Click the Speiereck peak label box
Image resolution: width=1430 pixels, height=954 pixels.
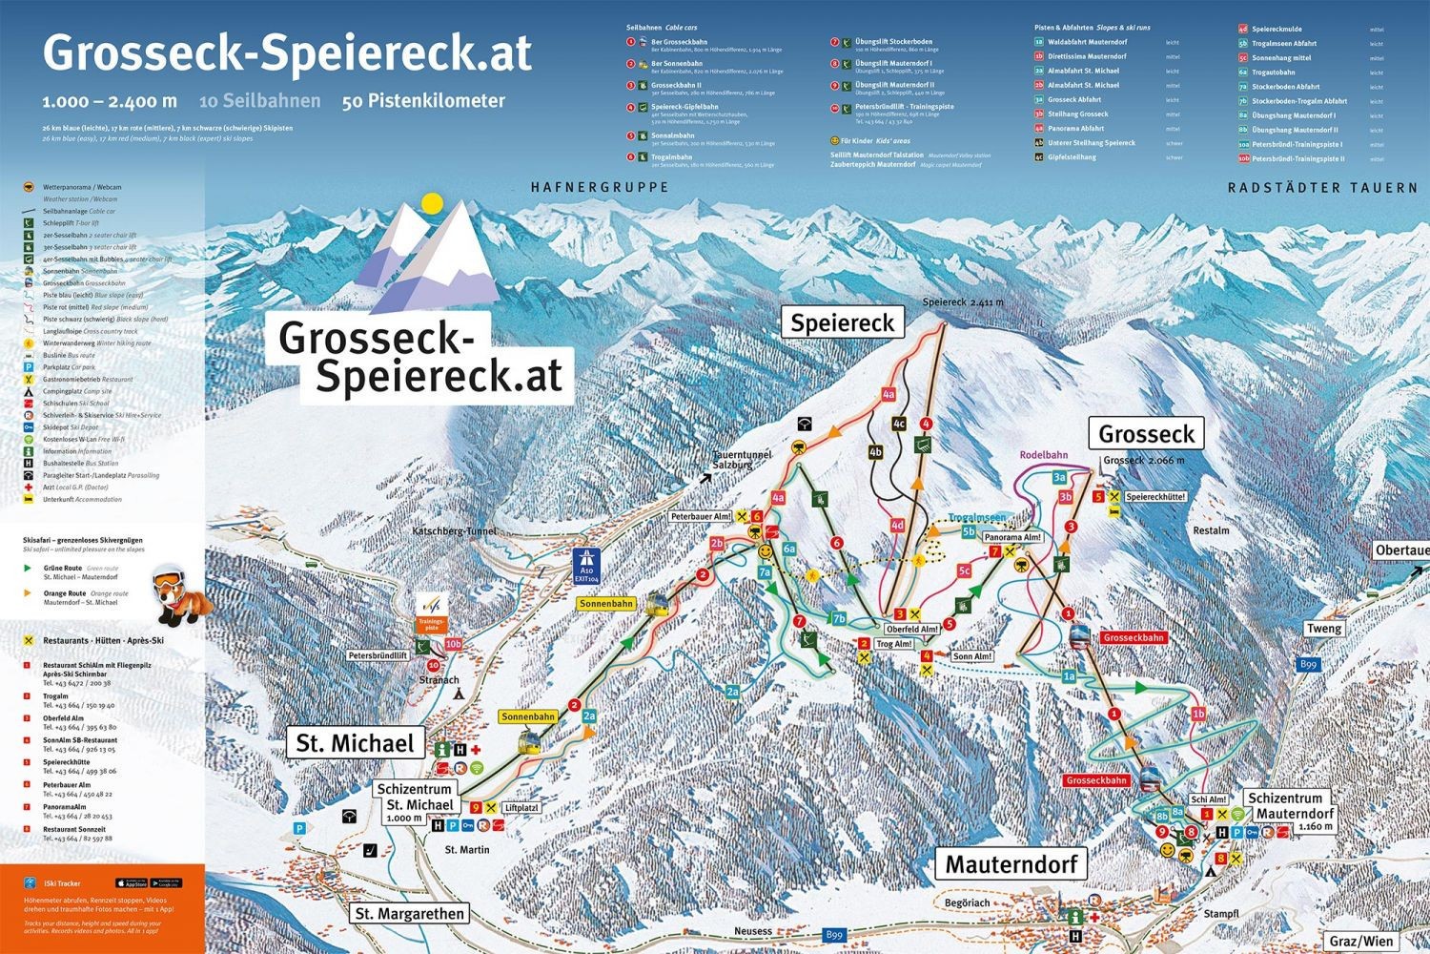pyautogui.click(x=842, y=322)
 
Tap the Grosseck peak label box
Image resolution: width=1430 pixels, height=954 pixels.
pyautogui.click(x=1146, y=434)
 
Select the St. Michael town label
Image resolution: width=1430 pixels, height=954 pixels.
pyautogui.click(x=355, y=743)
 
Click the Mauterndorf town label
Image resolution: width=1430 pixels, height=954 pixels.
pyautogui.click(x=1011, y=864)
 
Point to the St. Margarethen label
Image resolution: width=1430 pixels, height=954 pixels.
pyautogui.click(x=409, y=913)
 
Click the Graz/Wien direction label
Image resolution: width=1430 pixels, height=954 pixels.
pyautogui.click(x=1360, y=941)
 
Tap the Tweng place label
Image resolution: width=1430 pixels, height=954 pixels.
pyautogui.click(x=1323, y=628)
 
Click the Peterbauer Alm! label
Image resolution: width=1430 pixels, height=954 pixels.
pyautogui.click(x=701, y=516)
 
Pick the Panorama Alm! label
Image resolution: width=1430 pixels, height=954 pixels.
pyautogui.click(x=1012, y=537)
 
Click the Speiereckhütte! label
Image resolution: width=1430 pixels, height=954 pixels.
pyautogui.click(x=1155, y=497)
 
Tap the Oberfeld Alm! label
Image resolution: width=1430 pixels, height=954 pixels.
pyautogui.click(x=912, y=629)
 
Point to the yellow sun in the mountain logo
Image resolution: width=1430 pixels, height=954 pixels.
pyautogui.click(x=433, y=203)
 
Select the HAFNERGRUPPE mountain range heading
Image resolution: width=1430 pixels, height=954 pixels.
pyautogui.click(x=600, y=188)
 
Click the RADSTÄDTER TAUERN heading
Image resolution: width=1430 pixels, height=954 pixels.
pyautogui.click(x=1322, y=188)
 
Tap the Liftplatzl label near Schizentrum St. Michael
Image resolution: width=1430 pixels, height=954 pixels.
pyautogui.click(x=521, y=807)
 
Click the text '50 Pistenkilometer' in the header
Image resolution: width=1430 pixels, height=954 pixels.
pyautogui.click(x=423, y=101)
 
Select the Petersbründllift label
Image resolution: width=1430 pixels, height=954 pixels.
pyautogui.click(x=378, y=656)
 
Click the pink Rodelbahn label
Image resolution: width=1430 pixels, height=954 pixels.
pyautogui.click(x=1043, y=455)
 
